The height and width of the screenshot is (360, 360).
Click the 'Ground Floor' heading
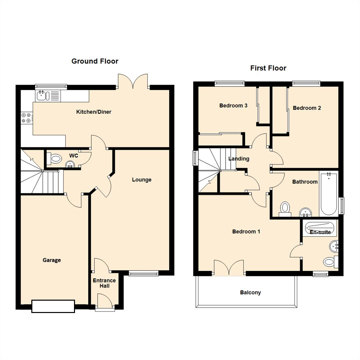95,61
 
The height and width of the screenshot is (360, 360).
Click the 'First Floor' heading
268,68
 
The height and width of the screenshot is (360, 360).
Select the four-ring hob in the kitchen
26,118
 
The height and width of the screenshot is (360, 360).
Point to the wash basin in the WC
70,164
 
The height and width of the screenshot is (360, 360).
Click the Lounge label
142,180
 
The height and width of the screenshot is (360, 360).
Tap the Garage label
52,260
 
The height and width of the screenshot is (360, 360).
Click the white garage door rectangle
53,306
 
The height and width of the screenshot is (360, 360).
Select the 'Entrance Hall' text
104,283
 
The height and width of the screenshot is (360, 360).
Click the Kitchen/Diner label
94,112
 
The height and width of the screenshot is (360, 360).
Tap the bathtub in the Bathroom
329,194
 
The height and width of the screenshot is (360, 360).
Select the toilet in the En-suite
330,262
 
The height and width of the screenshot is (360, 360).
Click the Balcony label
250,292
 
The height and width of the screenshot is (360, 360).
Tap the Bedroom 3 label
233,106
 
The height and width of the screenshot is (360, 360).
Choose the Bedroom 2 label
307,108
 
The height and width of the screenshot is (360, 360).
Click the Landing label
239,159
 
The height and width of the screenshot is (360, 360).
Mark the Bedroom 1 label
246,231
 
